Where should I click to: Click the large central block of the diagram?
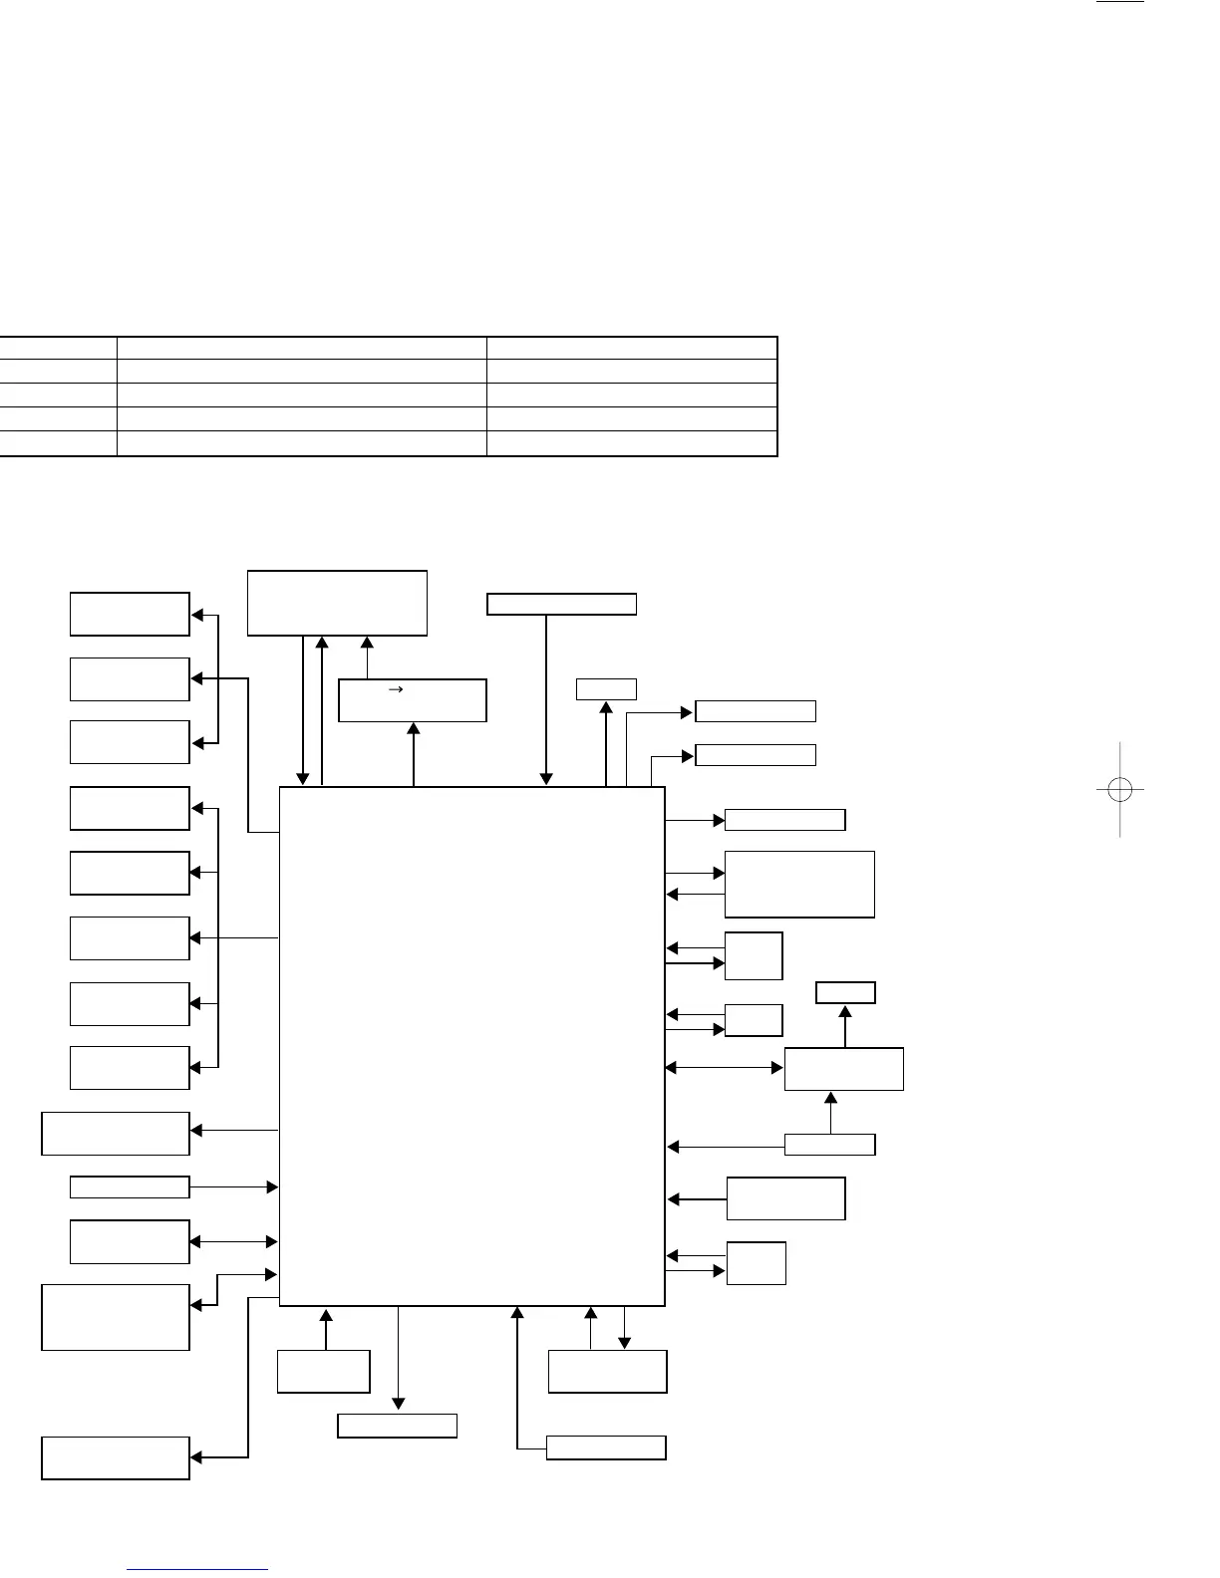click(471, 1046)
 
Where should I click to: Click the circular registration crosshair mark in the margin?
click(1119, 790)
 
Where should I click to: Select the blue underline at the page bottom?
click(198, 1569)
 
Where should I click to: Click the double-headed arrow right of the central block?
click(725, 1068)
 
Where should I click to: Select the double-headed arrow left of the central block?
click(233, 1241)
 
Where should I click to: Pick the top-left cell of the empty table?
click(58, 348)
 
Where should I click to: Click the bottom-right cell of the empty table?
click(631, 443)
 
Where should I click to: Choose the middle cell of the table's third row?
click(301, 394)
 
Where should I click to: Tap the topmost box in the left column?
click(130, 614)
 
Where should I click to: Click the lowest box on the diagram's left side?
click(116, 1457)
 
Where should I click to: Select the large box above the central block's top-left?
click(337, 603)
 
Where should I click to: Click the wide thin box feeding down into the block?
click(561, 604)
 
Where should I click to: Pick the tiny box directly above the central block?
click(606, 688)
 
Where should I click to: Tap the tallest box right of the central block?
click(799, 884)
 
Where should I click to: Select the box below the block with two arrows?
click(607, 1371)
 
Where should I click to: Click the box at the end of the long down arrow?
click(397, 1426)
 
